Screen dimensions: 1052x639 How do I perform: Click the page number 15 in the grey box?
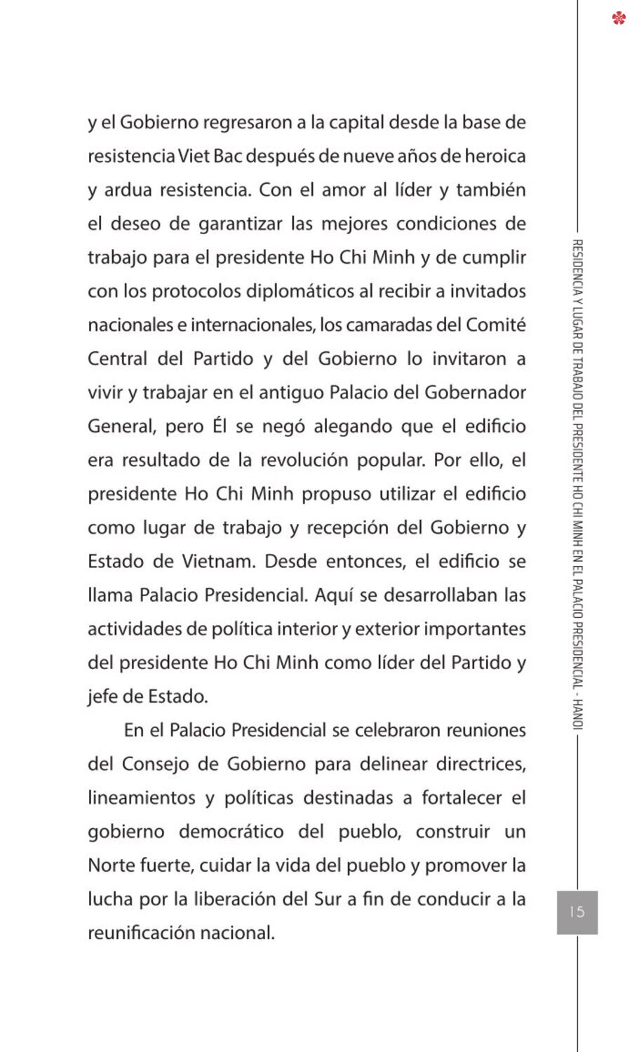577,911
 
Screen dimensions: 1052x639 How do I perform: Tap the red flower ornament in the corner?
619,18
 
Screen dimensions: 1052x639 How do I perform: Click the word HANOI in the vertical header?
578,713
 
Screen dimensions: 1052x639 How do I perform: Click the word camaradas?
389,325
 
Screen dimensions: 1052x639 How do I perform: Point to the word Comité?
496,325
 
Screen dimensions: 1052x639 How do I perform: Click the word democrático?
231,832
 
